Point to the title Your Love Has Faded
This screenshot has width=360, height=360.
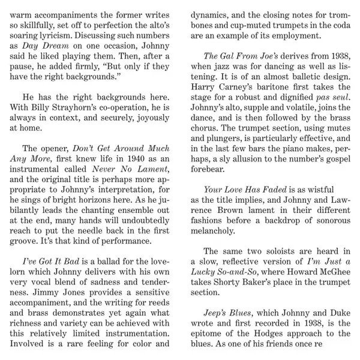(x=248, y=190)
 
